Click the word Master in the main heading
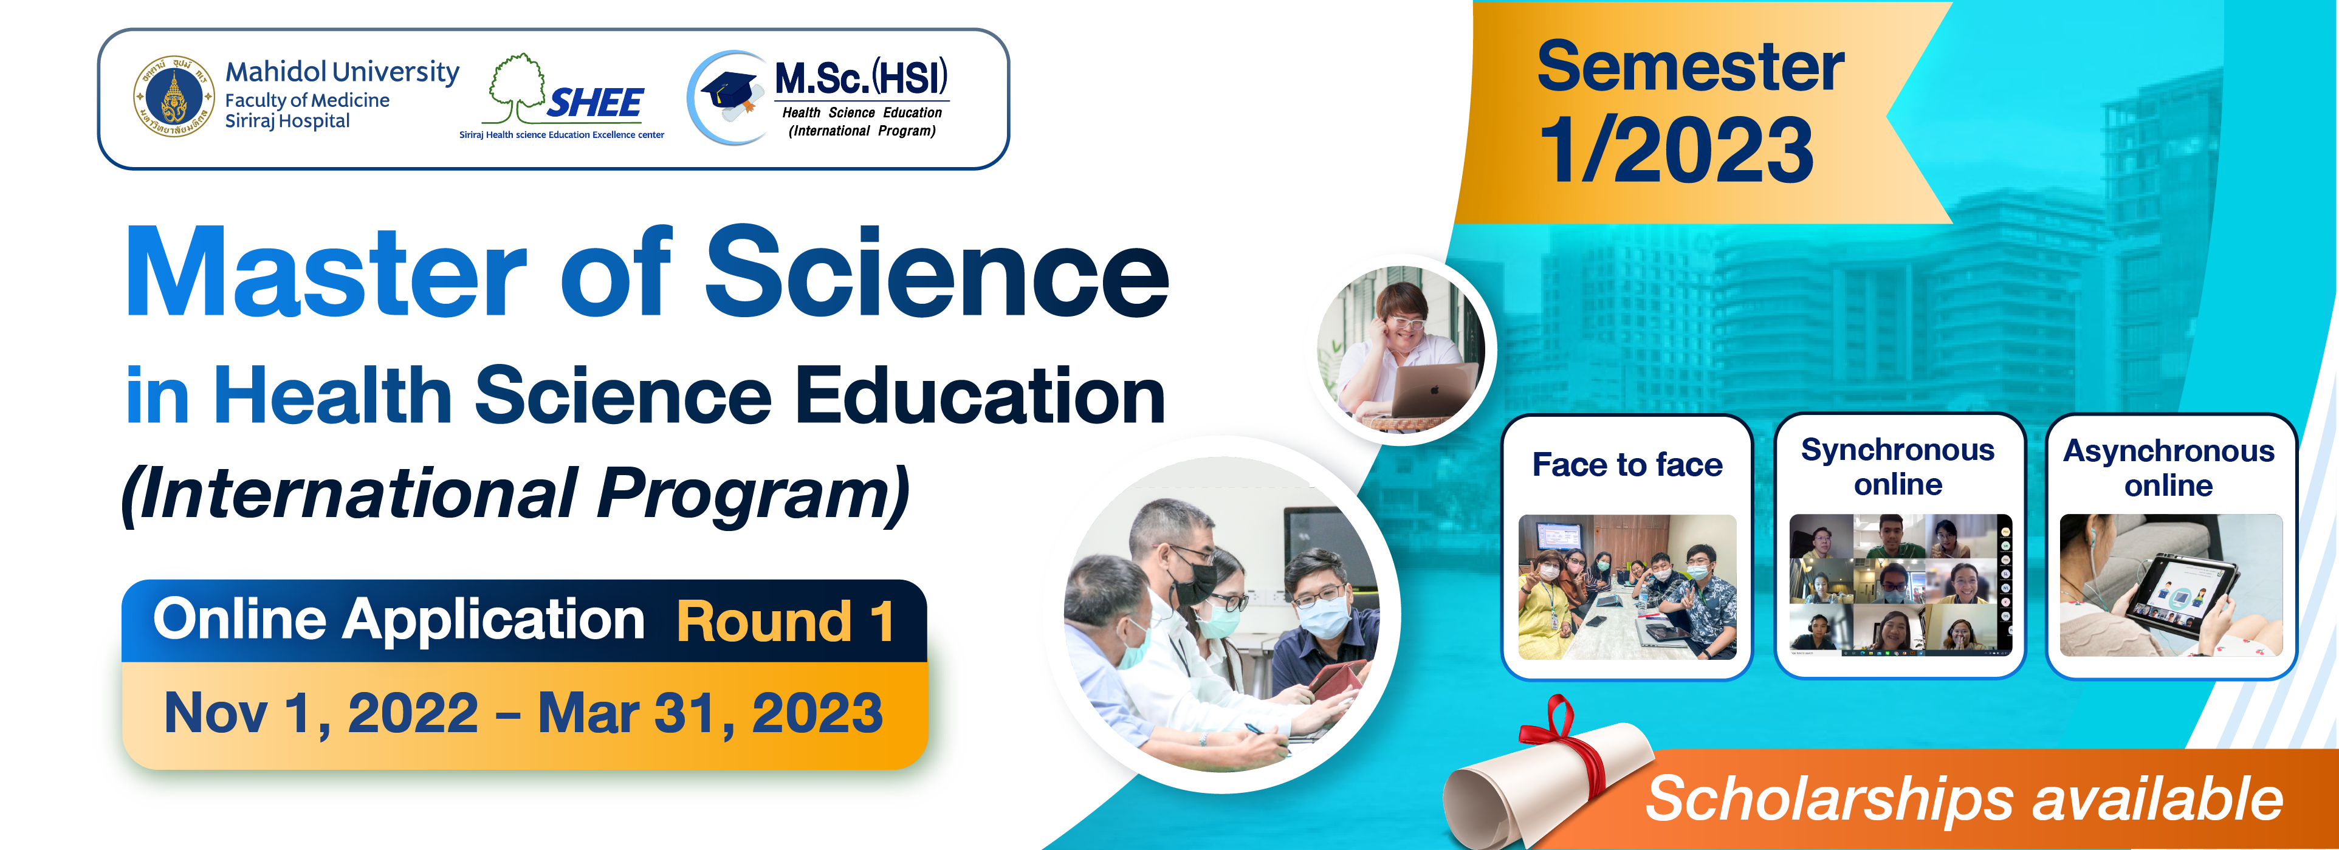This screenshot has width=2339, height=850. (x=326, y=272)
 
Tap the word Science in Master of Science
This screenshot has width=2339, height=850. (x=937, y=272)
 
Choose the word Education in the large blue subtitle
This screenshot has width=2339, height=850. (x=981, y=396)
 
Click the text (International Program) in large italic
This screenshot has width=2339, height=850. (x=515, y=494)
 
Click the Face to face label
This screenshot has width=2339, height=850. (x=1627, y=465)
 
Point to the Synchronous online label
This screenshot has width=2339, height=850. (x=1898, y=467)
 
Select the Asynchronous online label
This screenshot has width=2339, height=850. (x=2169, y=468)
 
